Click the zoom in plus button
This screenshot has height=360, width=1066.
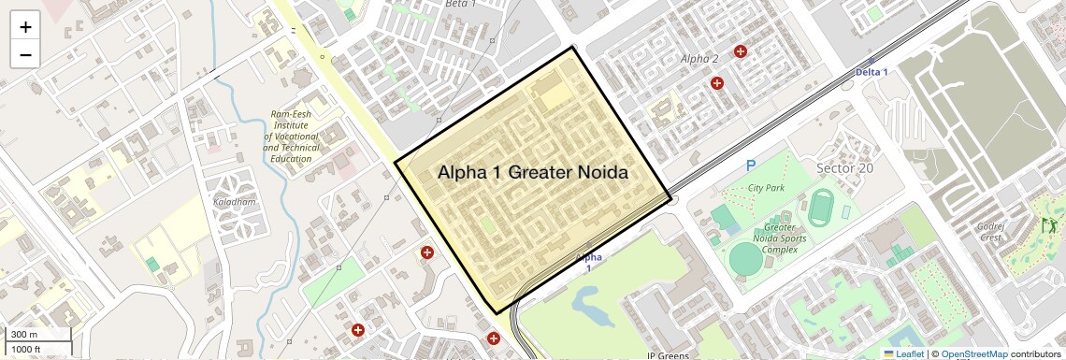pos(25,27)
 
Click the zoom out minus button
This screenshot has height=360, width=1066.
pos(25,54)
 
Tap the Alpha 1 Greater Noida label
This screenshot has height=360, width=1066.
pos(532,174)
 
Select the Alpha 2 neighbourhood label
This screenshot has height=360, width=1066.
pos(699,59)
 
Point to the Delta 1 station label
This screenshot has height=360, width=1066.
pos(872,72)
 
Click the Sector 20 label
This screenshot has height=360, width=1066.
pos(844,168)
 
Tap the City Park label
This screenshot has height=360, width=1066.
pos(766,188)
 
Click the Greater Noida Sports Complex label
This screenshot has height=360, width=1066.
pos(780,239)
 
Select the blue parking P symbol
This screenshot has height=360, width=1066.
pos(750,166)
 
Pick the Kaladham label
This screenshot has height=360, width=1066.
pos(234,202)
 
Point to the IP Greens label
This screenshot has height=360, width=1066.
pos(668,355)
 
